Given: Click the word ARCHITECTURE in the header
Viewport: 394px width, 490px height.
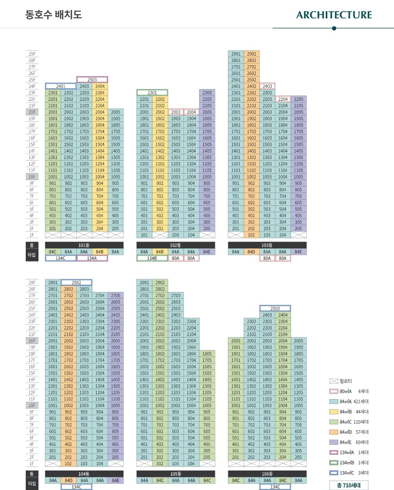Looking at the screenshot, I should click(x=334, y=15).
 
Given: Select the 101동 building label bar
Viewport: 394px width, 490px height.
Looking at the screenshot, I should click(x=84, y=245).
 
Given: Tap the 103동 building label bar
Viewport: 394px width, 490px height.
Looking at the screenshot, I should click(x=267, y=245).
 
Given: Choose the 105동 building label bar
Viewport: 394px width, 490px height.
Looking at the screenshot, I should click(x=175, y=474).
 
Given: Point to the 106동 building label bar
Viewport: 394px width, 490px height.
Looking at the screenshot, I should click(x=267, y=474).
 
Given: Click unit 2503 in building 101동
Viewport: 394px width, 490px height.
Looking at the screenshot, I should click(x=92, y=79).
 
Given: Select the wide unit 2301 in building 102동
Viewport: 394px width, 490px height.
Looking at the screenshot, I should click(x=152, y=92).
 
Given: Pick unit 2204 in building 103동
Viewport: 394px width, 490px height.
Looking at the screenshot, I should click(x=283, y=99).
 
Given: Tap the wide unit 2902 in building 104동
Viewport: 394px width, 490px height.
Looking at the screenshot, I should click(x=76, y=283).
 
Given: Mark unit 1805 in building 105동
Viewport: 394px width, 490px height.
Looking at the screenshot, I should click(x=207, y=354).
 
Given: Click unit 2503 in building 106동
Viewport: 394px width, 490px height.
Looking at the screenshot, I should click(x=275, y=308).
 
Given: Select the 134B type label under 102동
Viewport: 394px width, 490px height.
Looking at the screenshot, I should click(x=152, y=258).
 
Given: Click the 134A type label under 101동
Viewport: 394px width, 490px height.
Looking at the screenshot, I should click(x=92, y=258).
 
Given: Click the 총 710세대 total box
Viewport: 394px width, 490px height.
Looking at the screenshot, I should click(x=349, y=485).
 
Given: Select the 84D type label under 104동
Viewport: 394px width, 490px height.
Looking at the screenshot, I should click(x=68, y=481).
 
